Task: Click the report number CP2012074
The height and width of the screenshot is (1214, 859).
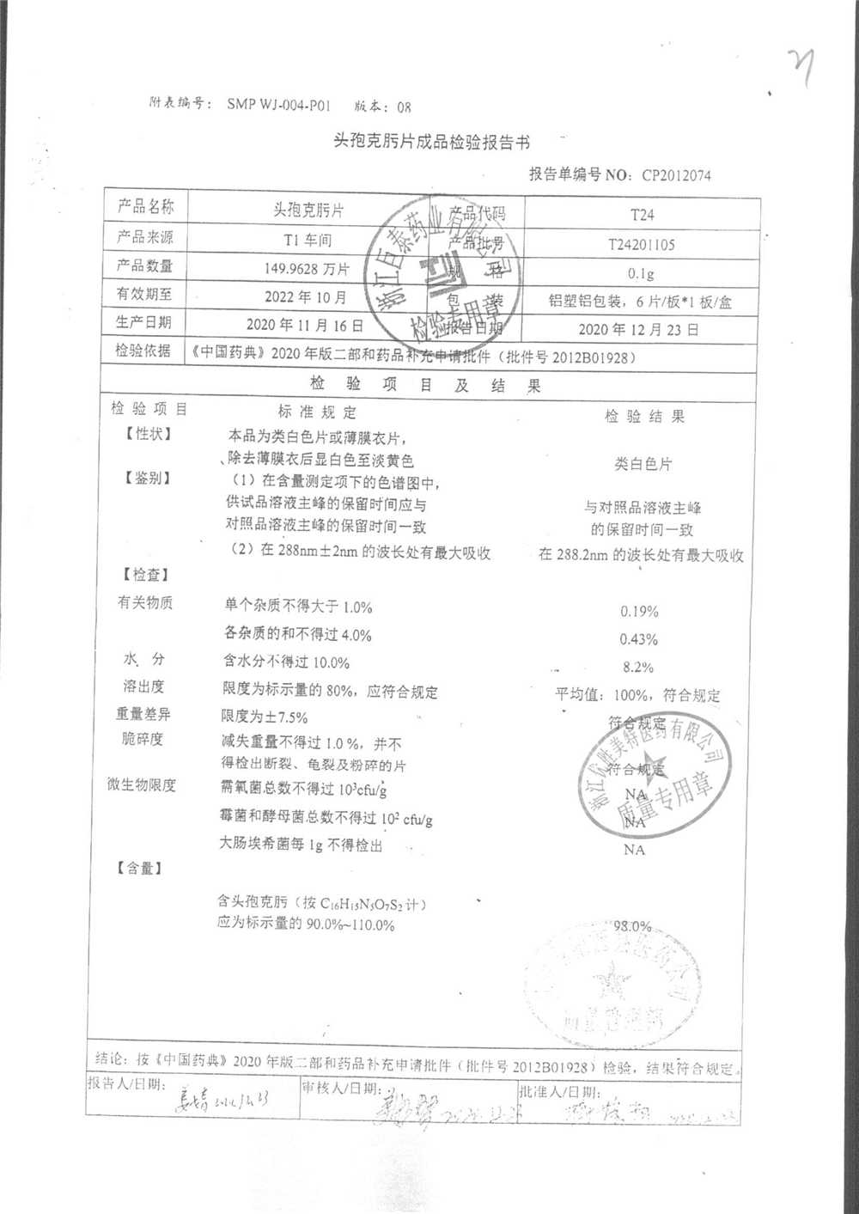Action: (676, 175)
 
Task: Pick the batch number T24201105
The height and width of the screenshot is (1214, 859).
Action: (641, 244)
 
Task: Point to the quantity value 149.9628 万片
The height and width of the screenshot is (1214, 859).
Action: (307, 269)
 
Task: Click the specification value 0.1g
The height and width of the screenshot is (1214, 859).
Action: (641, 273)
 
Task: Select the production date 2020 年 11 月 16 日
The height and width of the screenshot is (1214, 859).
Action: (304, 326)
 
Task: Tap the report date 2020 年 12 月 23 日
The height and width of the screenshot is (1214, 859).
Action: (638, 329)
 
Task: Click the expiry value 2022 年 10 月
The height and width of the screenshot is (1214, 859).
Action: (305, 297)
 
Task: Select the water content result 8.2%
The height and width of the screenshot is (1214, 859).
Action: (637, 667)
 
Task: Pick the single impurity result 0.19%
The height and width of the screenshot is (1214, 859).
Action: (639, 612)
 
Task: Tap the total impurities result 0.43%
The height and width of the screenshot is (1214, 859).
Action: (638, 639)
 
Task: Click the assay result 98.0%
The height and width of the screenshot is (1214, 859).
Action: (632, 926)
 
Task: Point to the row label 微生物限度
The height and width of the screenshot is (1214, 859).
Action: (142, 784)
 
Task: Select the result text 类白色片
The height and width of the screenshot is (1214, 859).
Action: (643, 464)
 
